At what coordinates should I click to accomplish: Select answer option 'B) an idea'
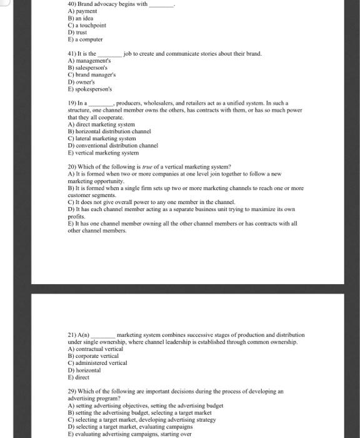pos(80,18)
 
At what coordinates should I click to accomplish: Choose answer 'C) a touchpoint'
pos(87,25)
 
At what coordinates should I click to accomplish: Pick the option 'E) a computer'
pos(86,39)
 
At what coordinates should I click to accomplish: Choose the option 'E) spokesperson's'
pos(90,89)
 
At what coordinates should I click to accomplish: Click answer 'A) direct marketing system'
pos(101,124)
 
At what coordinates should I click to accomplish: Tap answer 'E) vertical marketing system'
pos(103,153)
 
